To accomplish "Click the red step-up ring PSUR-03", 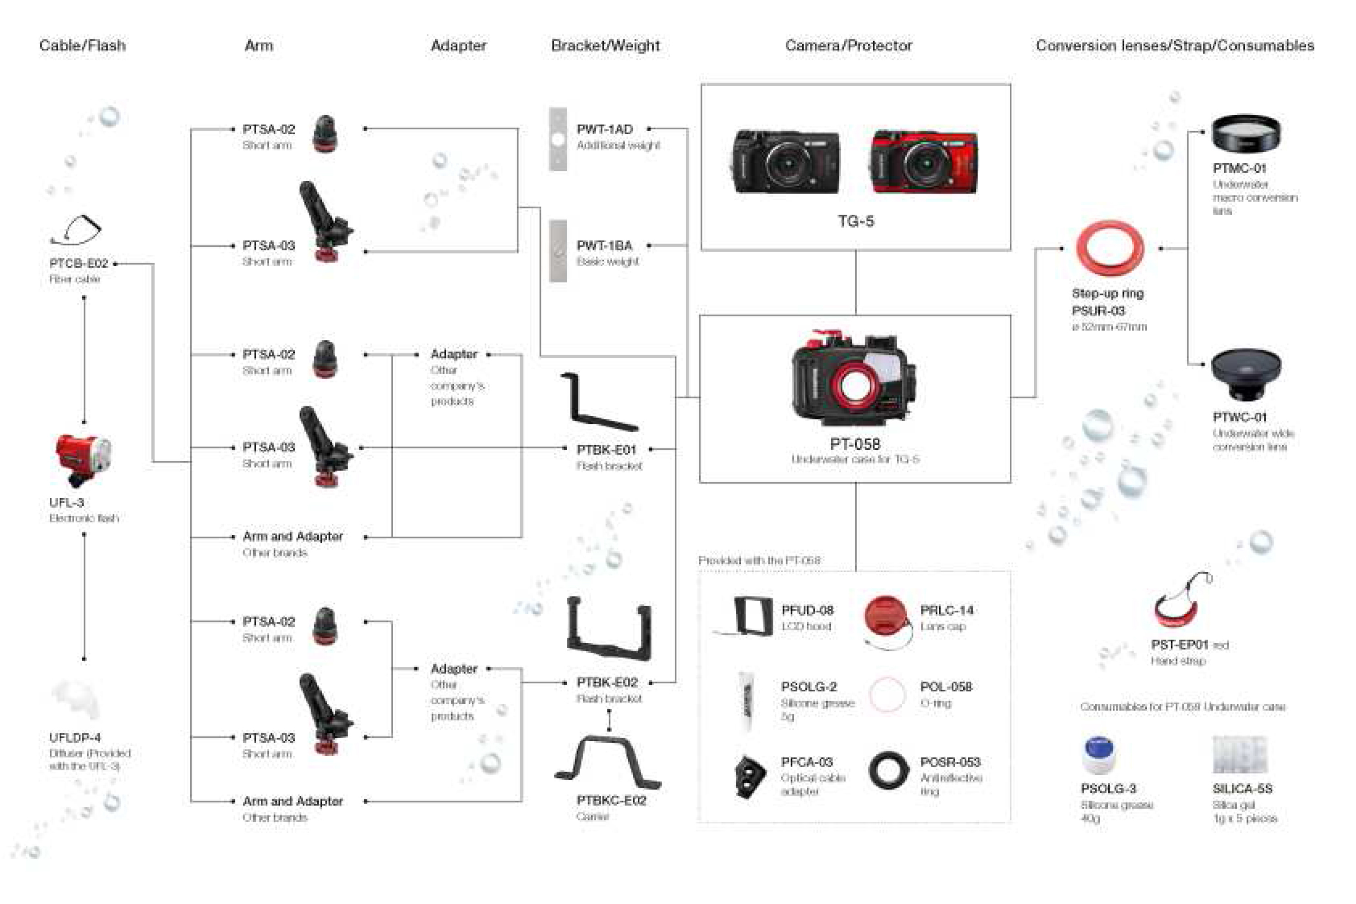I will pos(1109,249).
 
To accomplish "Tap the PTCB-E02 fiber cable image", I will pos(77,230).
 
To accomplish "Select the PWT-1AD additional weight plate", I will pos(557,139).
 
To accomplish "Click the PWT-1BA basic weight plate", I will pos(557,251).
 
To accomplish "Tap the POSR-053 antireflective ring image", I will pos(888,770).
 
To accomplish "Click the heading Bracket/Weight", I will pos(605,46).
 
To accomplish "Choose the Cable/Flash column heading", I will pos(82,46).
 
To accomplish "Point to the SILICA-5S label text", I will pos(1242,788).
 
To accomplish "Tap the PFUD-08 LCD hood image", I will pos(752,617).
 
